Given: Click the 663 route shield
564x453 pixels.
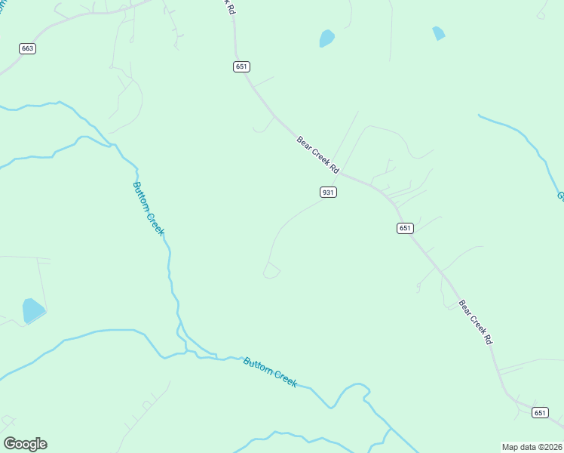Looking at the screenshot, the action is tap(28, 48).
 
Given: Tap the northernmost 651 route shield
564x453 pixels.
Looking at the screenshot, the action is tap(241, 66).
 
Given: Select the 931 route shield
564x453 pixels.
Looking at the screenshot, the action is tap(328, 193).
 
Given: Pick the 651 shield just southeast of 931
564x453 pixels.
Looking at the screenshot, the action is tap(405, 228).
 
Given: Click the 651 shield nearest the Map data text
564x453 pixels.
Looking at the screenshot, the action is tap(540, 412).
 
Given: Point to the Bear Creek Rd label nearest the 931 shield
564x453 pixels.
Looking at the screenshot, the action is tap(318, 155).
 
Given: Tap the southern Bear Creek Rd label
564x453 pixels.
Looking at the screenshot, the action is tap(476, 322).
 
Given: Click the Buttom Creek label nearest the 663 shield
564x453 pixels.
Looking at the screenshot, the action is tap(148, 208).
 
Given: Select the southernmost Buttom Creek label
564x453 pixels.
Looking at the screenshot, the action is tap(270, 371).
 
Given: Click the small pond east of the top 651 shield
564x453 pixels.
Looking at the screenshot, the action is tap(326, 38).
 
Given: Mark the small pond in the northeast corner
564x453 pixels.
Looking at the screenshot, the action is tap(439, 33).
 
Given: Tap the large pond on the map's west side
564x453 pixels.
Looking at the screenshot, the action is tap(33, 310).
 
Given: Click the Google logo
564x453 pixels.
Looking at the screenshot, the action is tap(25, 444).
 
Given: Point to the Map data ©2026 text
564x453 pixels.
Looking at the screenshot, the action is tap(532, 446).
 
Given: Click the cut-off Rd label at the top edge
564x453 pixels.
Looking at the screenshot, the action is tap(228, 6).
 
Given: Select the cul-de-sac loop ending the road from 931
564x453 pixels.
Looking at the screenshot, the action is tap(271, 270).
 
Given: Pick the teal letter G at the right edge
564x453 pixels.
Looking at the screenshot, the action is tap(560, 197).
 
